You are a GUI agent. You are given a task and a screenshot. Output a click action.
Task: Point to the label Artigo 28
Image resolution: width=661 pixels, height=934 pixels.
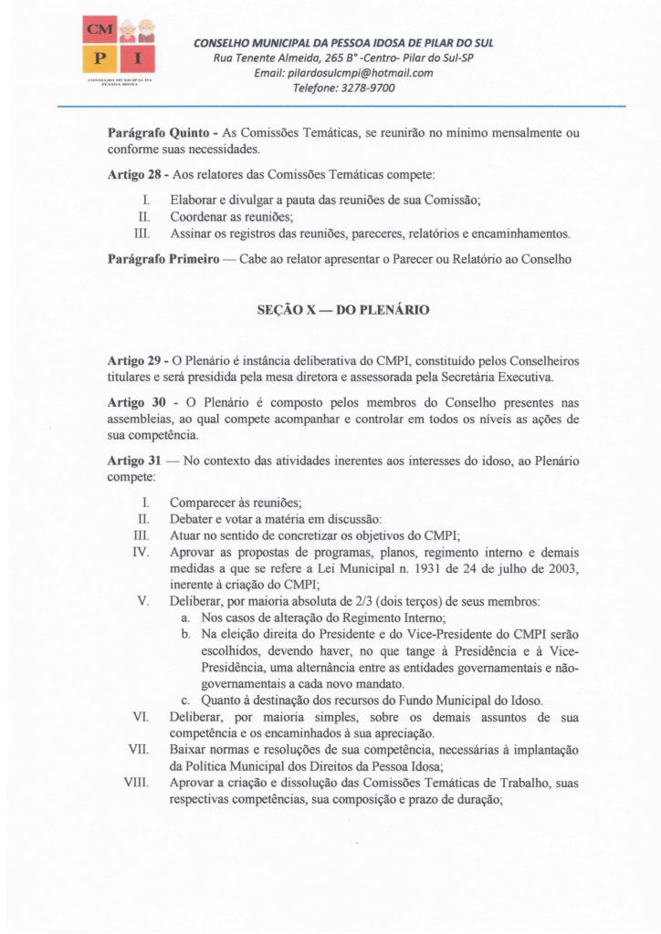click(136, 175)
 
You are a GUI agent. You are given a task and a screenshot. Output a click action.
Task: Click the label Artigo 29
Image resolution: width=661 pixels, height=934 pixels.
click(136, 362)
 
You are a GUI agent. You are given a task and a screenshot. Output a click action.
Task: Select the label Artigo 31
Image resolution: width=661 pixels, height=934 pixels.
click(136, 462)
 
